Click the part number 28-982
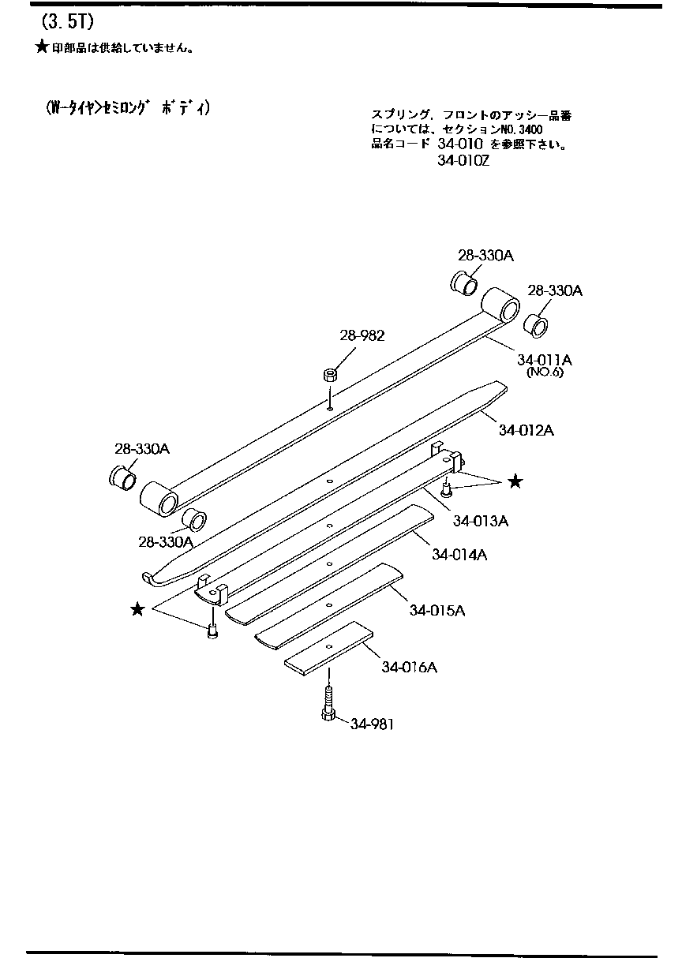(362, 335)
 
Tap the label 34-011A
(544, 360)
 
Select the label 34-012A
(526, 430)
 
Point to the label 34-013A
(481, 522)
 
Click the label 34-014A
(459, 555)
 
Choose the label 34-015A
(437, 610)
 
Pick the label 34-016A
(409, 667)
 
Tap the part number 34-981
(372, 724)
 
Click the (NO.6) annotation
(545, 372)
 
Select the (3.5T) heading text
(68, 22)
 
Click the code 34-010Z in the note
(463, 161)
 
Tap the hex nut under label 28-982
(330, 376)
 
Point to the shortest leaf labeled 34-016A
(328, 649)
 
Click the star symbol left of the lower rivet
(137, 608)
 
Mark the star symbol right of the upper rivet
(515, 482)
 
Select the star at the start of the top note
(42, 47)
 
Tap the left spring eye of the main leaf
(159, 499)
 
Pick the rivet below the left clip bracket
(212, 631)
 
